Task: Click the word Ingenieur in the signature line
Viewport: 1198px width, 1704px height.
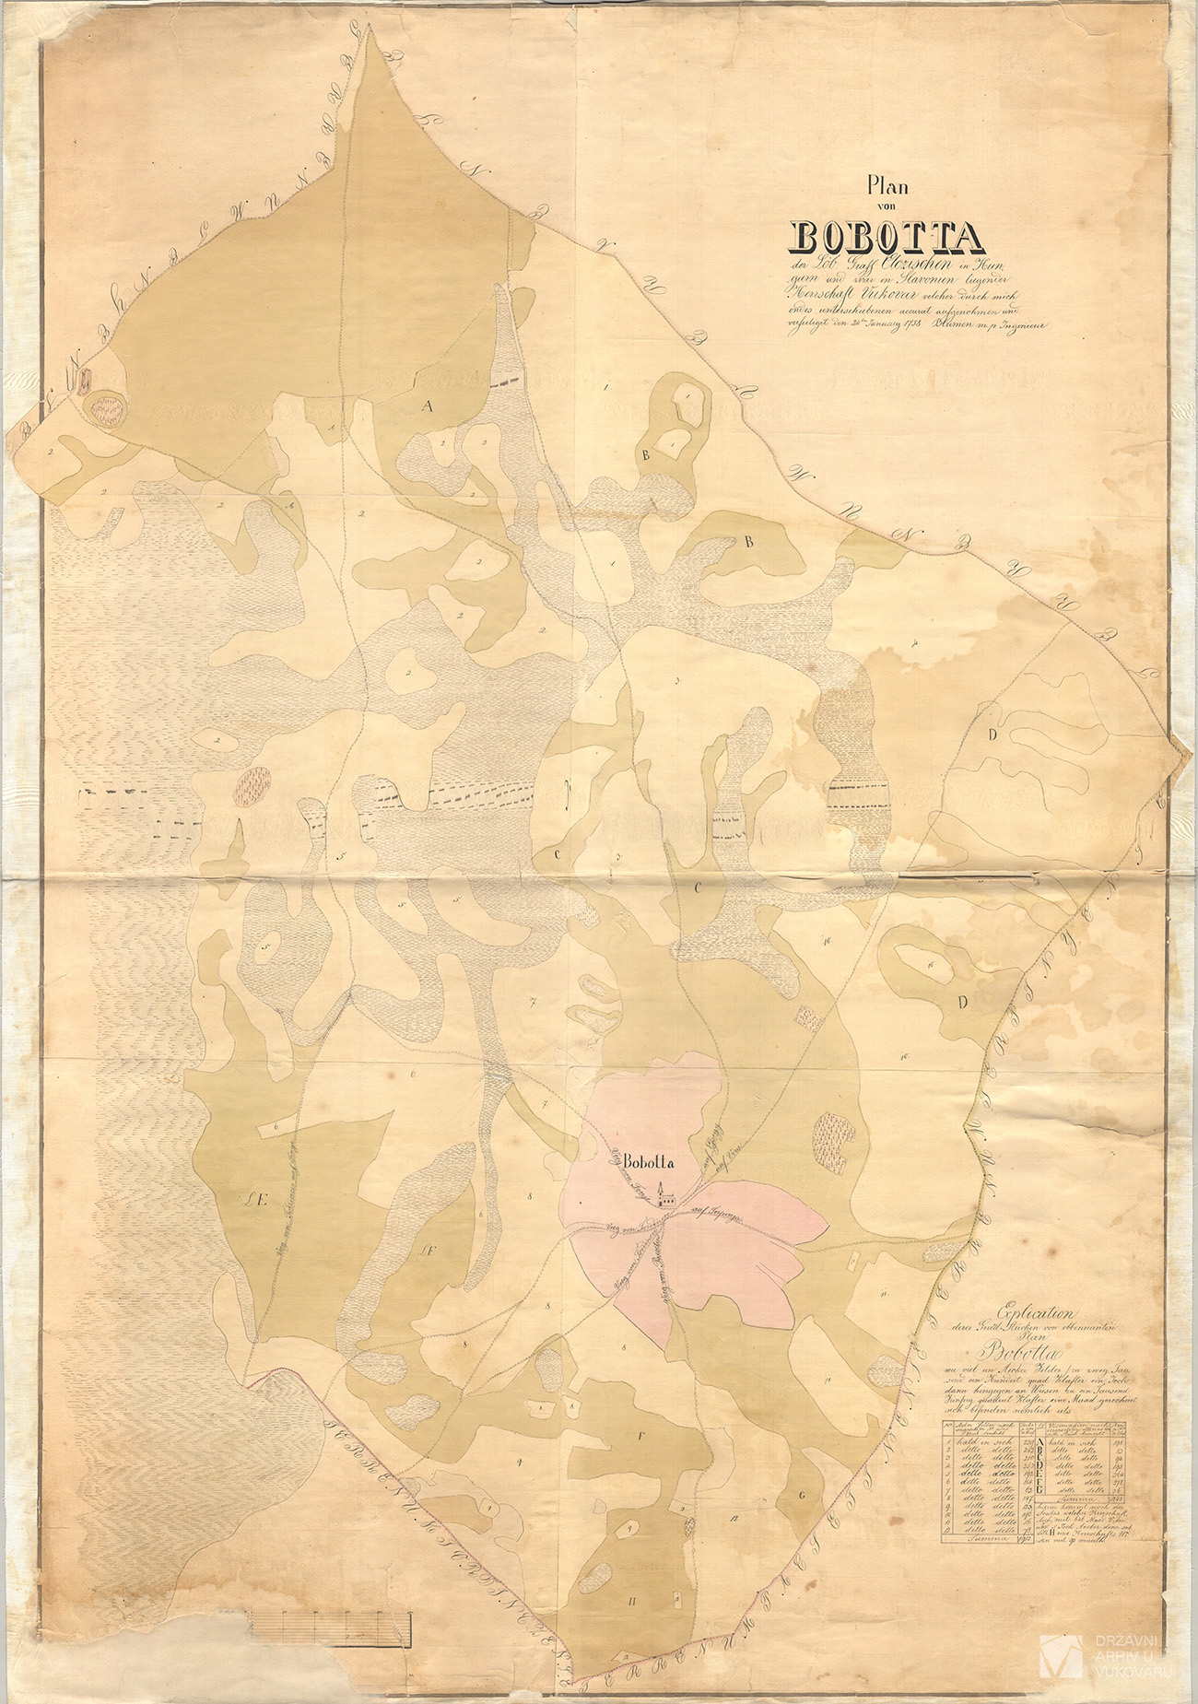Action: coord(1016,323)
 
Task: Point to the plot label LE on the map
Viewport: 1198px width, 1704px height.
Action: coord(255,1200)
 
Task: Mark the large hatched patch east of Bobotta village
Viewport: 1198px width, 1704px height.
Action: coord(832,1143)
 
